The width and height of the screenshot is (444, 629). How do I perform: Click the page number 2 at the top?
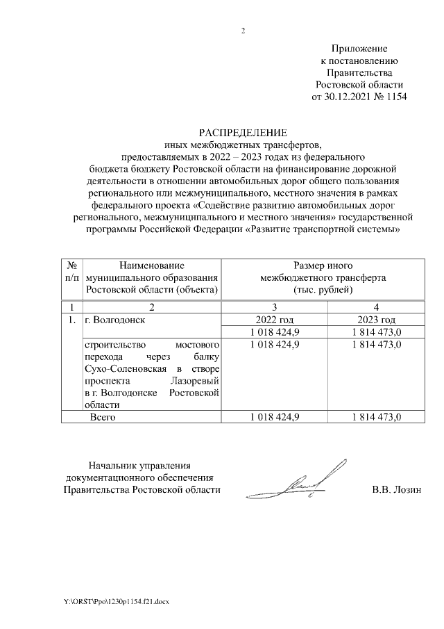[x=243, y=30]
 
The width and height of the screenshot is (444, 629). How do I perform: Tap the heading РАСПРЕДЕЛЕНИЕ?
[x=242, y=132]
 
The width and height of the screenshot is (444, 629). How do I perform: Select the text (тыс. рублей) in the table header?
[x=323, y=290]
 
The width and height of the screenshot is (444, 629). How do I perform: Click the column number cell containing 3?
[x=274, y=307]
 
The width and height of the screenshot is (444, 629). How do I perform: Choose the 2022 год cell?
[x=274, y=320]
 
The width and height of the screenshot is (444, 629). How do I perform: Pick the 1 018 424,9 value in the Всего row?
[x=274, y=417]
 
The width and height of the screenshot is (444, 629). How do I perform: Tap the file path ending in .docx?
[x=107, y=600]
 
